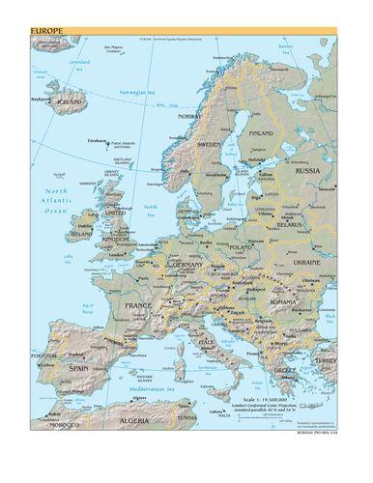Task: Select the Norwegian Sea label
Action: [137, 91]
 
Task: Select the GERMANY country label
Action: [186, 264]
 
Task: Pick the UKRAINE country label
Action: [306, 262]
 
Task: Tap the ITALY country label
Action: [206, 342]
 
